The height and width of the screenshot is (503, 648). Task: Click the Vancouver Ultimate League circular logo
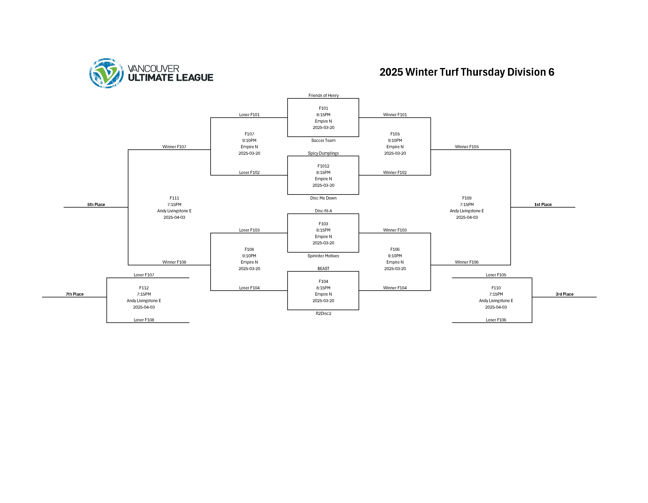[106, 73]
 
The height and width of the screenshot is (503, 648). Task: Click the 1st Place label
[543, 205]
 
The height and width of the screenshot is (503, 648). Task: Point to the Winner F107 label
[174, 147]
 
